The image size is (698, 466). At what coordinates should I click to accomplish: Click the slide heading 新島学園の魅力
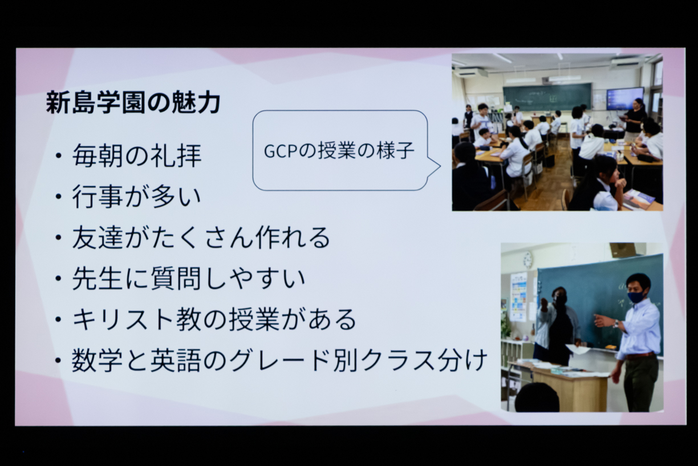[133, 102]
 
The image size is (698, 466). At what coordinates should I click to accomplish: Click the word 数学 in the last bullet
[97, 360]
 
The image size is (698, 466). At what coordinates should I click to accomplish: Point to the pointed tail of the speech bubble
[440, 166]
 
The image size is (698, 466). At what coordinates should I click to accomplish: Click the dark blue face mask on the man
[636, 296]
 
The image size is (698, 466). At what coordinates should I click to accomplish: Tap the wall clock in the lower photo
[527, 260]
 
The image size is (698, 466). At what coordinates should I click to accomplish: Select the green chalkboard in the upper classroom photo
[547, 97]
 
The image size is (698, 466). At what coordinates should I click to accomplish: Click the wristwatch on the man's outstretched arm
[616, 324]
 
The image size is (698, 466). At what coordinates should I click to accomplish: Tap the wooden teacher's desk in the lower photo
[569, 388]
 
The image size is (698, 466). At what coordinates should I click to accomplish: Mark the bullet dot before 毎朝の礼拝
[58, 156]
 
